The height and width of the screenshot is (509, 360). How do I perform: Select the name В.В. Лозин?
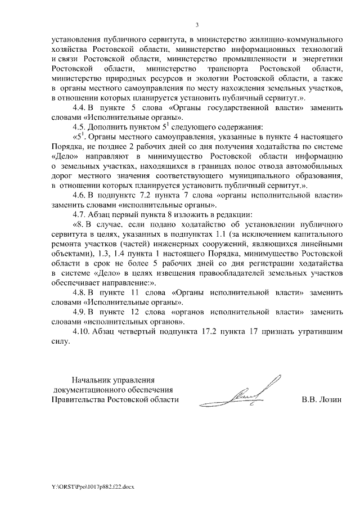coord(322,400)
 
